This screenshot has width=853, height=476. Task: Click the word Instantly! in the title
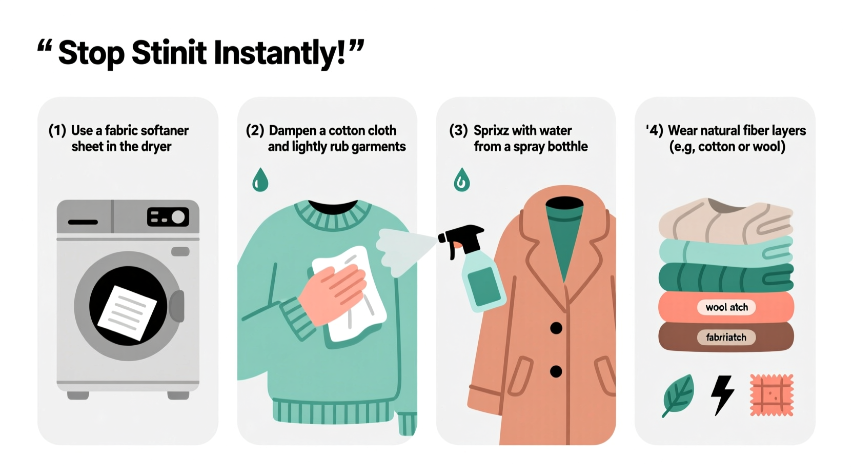tap(280, 53)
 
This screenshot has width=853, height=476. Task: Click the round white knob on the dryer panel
tap(178, 217)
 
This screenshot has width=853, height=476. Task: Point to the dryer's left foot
tap(78, 395)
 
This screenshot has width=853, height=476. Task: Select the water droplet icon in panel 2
tap(260, 180)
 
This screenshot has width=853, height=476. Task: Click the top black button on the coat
tap(556, 328)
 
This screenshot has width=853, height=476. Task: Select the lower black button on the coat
tap(556, 371)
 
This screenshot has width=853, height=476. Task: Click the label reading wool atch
tap(726, 307)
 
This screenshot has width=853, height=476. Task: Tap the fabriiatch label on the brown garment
tap(726, 337)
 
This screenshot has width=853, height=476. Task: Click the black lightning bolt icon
tap(722, 394)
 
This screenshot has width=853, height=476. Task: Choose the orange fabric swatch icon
tap(771, 394)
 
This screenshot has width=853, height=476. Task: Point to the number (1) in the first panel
tap(57, 130)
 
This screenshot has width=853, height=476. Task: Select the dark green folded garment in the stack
tap(725, 278)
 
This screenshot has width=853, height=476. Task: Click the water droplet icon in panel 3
tap(461, 180)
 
